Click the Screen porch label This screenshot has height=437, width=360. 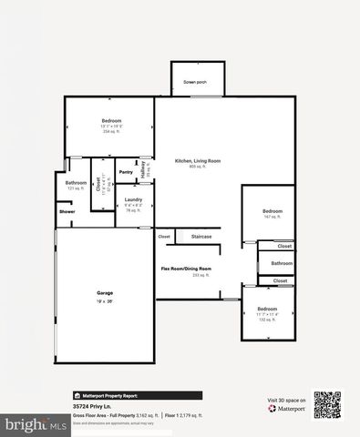click(x=194, y=82)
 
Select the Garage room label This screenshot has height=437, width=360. click(x=106, y=292)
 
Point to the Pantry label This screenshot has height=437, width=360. click(x=126, y=172)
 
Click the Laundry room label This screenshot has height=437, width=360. click(x=133, y=199)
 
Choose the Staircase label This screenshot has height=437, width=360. click(x=201, y=237)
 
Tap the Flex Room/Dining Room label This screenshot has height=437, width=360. click(x=186, y=269)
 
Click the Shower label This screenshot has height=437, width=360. click(x=67, y=212)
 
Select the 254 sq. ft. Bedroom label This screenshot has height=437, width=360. click(x=111, y=121)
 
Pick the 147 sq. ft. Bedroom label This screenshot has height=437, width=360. click(x=268, y=211)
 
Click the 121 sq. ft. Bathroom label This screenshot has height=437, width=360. click(x=75, y=183)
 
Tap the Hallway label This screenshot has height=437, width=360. click(x=145, y=169)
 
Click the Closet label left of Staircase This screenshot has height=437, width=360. click(x=164, y=237)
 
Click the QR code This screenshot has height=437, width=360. click(x=326, y=404)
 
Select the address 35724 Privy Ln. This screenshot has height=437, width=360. click(x=91, y=406)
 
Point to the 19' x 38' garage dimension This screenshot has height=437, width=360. click(x=106, y=299)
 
